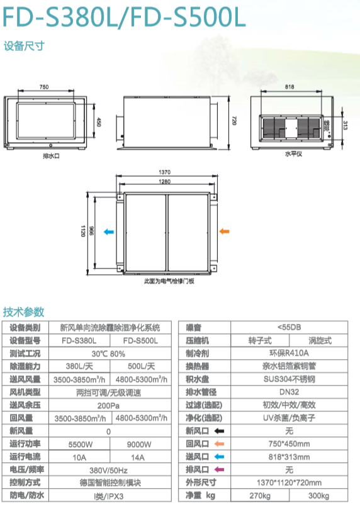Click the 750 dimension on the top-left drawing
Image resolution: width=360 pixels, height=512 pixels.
tap(44, 87)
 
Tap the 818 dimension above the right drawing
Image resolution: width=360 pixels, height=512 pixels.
tap(290, 87)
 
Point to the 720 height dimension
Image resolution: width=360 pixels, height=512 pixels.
tap(234, 121)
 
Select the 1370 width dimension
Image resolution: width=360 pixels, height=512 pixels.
tap(165, 172)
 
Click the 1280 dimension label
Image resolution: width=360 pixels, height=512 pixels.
tap(165, 182)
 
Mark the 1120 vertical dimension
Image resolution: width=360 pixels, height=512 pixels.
tap(83, 231)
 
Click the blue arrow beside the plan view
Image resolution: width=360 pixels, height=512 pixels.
tap(109, 232)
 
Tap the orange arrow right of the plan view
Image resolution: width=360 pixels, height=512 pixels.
tap(224, 231)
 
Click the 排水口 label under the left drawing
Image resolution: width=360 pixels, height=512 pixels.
tap(51, 156)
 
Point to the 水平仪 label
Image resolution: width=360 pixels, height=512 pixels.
tap(293, 153)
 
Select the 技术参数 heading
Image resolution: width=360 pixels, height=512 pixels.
tap(23, 312)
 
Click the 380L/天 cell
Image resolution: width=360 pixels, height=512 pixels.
tap(79, 366)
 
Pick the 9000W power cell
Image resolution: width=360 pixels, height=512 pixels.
tap(139, 445)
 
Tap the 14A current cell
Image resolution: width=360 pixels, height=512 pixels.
tap(138, 457)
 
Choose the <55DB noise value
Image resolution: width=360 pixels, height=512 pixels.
tap(289, 327)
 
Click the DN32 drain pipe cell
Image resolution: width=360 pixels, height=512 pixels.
tap(289, 392)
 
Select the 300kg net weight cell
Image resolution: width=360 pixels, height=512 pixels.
tap(318, 496)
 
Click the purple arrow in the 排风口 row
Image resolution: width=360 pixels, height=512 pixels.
tap(219, 470)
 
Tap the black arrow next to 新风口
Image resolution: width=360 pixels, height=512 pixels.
tap(219, 431)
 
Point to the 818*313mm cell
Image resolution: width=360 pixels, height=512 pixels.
tap(289, 457)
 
